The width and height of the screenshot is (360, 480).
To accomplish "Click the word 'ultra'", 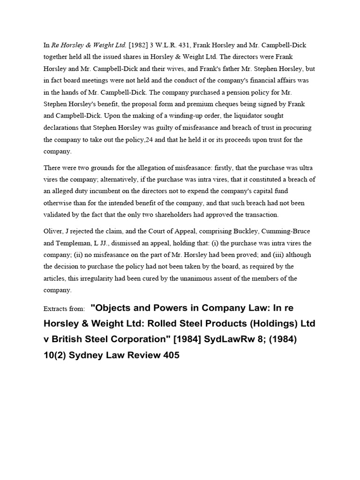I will (307, 167).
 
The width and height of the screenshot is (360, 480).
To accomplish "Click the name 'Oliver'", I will (53, 232).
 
